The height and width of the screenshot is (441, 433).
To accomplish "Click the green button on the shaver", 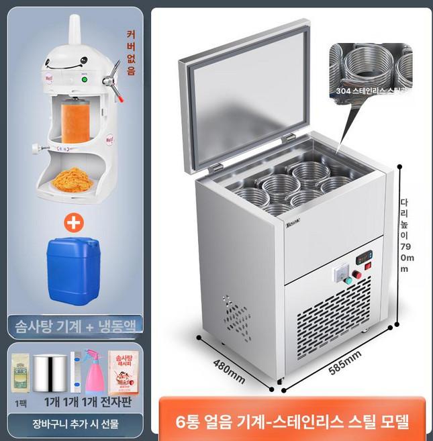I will point(85,82).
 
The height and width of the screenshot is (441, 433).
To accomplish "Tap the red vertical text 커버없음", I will point(131,52).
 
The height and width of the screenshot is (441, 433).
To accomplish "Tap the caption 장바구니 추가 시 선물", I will point(74,424).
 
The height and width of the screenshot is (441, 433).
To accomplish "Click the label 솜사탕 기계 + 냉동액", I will point(74,327).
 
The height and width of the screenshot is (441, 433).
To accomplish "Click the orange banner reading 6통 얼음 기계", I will point(292,422).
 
